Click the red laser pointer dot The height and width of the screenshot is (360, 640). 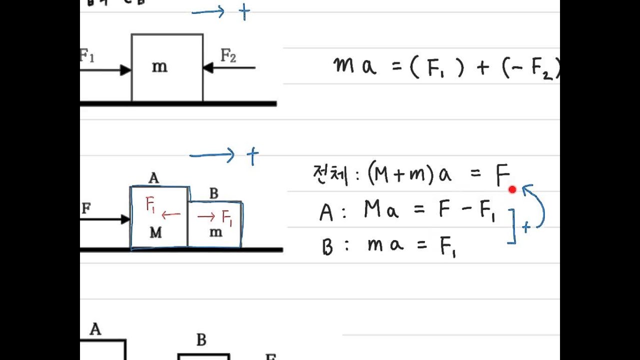512,189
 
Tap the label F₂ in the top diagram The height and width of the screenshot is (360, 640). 228,56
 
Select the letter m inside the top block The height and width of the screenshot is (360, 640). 159,67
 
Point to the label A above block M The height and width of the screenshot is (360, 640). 153,178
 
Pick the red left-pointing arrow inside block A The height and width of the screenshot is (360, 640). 171,214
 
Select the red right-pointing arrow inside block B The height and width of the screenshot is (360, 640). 206,216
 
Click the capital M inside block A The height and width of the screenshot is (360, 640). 155,233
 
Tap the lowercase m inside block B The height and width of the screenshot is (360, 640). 215,232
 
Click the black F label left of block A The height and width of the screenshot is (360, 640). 86,209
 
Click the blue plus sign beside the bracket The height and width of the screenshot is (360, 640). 526,228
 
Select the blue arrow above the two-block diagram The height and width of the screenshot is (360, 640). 212,155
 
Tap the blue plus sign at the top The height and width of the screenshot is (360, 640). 244,12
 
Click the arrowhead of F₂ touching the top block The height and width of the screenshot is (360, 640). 208,67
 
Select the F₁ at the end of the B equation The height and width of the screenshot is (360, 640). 447,247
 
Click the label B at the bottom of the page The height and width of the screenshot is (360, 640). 201,340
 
